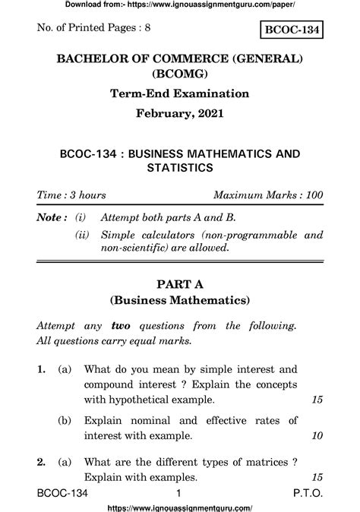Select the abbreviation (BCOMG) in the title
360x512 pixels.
180,74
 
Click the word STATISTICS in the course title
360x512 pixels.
180,166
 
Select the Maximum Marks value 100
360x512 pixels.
313,195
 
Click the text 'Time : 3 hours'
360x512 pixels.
71,195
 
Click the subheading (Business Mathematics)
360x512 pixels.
180,301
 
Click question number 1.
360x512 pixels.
40,369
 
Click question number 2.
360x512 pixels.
40,463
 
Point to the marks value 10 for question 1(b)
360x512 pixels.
317,435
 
